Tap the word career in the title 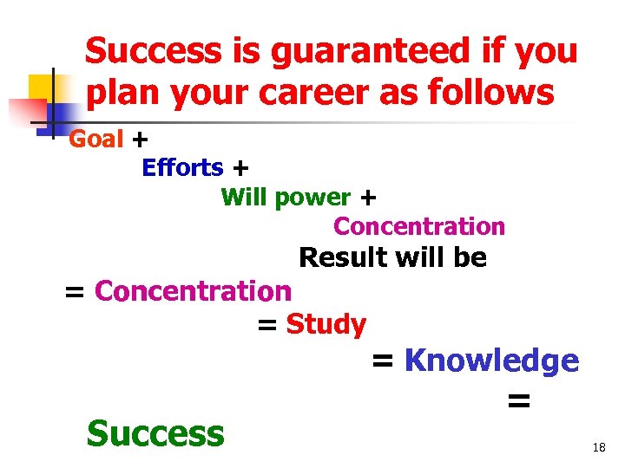(334, 92)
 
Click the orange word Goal (95, 139)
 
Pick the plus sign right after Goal (140, 140)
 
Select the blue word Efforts (182, 167)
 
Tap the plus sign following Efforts (240, 168)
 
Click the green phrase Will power (286, 198)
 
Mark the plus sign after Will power (367, 198)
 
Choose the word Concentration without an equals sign (418, 227)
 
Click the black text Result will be (392, 257)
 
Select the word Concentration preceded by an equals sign (193, 291)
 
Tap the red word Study (326, 324)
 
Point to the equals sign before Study (267, 325)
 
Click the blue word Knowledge (491, 361)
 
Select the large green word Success (155, 432)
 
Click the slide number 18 (598, 448)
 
